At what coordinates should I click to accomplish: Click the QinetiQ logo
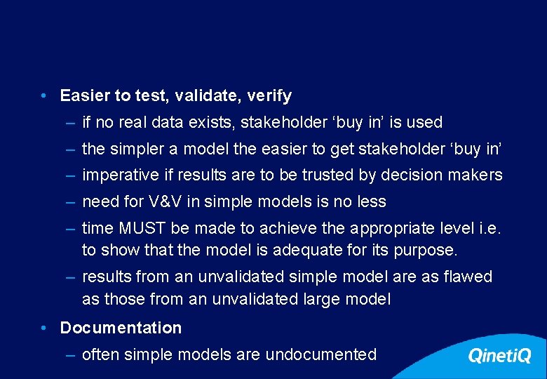pos(499,356)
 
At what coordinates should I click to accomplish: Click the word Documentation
pos(121,328)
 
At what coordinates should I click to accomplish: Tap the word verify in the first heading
pos(269,95)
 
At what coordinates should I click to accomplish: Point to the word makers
pos(478,175)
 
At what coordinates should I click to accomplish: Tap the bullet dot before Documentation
pos(43,328)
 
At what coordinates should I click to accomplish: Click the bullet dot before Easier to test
pos(43,95)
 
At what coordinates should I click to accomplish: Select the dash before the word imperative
pos(71,175)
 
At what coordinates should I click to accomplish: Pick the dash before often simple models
pos(71,354)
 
